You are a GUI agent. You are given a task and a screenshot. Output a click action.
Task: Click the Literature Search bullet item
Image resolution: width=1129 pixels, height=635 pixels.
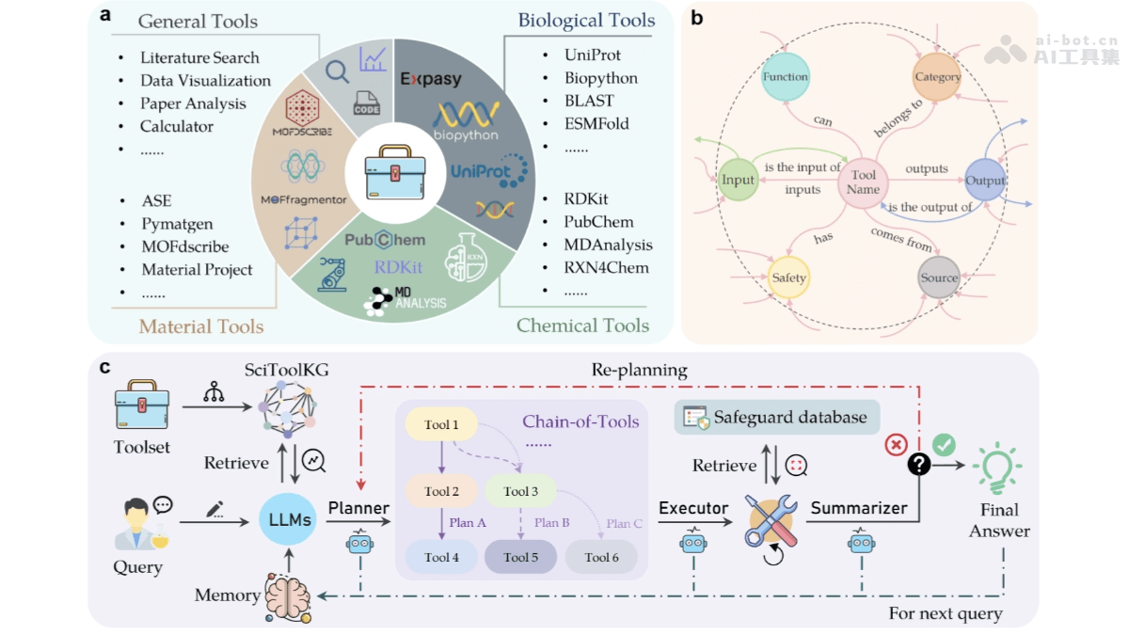[x=199, y=57]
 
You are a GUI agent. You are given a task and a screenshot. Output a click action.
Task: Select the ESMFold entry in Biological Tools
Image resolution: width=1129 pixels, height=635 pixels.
[x=596, y=123]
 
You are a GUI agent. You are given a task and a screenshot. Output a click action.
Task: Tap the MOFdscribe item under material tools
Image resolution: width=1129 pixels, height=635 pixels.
[x=184, y=246]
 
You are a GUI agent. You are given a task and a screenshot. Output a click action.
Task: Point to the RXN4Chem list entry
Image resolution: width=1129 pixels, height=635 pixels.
[x=606, y=267]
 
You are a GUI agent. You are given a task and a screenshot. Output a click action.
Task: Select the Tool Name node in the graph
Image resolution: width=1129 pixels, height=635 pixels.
[x=864, y=182]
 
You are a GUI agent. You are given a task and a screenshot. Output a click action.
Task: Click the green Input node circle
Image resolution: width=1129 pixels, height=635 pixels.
[x=738, y=180]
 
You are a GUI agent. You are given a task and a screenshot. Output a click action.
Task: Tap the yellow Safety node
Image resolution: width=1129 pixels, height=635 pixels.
[x=788, y=278]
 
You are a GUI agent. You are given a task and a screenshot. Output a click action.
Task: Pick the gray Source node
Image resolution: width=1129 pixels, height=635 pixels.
[x=939, y=278]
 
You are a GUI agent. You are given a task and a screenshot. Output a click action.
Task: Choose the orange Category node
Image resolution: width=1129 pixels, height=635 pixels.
[x=937, y=76]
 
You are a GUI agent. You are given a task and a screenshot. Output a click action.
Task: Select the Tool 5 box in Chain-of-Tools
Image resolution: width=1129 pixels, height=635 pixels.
[x=521, y=557]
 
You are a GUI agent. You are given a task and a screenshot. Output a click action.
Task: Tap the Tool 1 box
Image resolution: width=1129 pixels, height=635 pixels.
[x=441, y=425]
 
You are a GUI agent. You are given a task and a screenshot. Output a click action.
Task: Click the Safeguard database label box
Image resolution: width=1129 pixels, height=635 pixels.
[x=777, y=417]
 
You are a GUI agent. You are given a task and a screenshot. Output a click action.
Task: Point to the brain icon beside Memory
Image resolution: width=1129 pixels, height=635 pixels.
[x=288, y=598]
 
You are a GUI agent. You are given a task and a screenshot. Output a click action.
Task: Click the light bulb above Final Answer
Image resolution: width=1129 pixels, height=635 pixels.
[x=999, y=465]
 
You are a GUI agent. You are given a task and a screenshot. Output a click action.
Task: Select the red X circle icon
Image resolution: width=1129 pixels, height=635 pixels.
[x=896, y=444]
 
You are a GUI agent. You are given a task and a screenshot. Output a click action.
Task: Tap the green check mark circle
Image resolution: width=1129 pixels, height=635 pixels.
[x=944, y=443]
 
